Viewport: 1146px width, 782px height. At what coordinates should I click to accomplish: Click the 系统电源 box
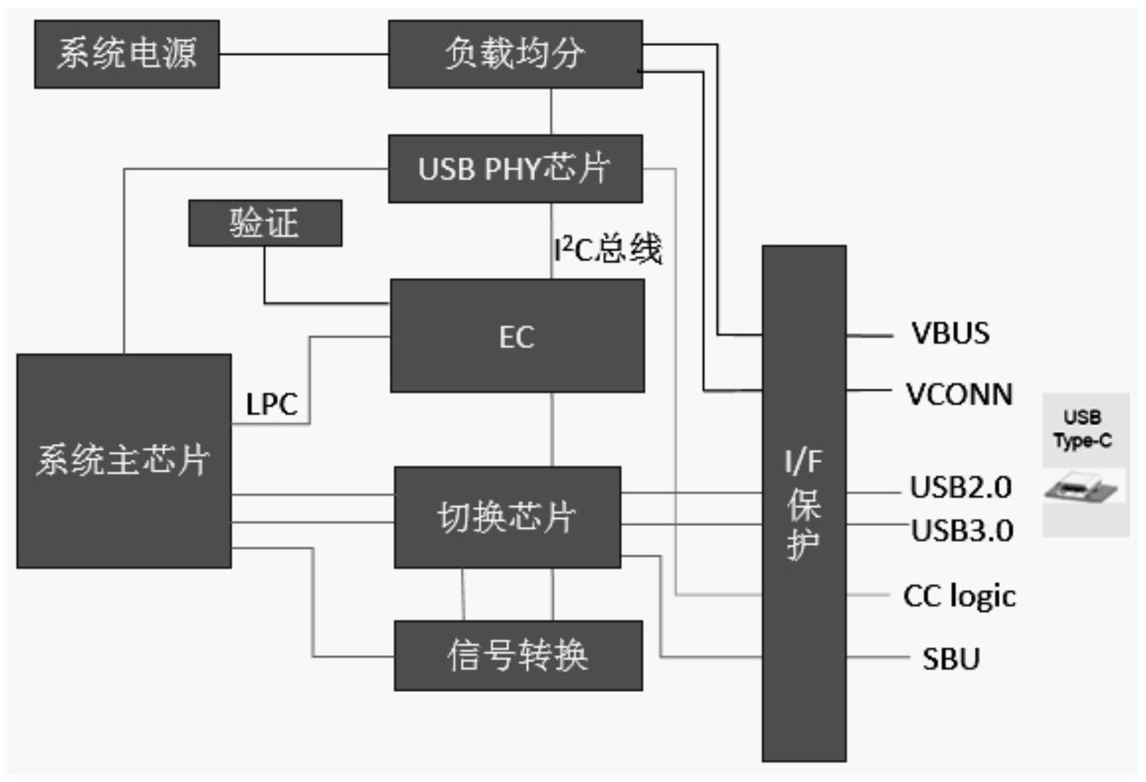click(x=126, y=54)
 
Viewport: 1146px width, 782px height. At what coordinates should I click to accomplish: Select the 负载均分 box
click(x=515, y=54)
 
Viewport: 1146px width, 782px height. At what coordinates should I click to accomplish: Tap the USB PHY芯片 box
click(x=515, y=169)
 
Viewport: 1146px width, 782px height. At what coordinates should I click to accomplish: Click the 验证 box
click(x=265, y=223)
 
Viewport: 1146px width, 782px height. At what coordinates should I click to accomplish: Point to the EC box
click(x=517, y=336)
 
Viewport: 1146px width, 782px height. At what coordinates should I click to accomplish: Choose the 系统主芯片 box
click(x=123, y=461)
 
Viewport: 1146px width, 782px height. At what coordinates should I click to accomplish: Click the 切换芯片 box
click(x=507, y=517)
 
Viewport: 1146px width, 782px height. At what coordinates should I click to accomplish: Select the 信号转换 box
click(x=518, y=656)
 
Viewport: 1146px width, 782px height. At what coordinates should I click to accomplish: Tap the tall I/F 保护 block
click(x=803, y=503)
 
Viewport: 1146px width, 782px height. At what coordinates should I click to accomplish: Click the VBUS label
click(x=949, y=333)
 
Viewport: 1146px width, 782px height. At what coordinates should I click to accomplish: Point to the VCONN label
click(x=959, y=394)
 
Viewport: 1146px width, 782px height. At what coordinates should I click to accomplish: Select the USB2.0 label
click(x=960, y=487)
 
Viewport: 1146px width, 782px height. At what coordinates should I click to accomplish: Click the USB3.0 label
click(x=962, y=530)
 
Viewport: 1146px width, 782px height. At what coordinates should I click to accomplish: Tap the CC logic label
click(x=959, y=596)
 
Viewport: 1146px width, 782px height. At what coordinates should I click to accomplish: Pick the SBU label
click(x=951, y=659)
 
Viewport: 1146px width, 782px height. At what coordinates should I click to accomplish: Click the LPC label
click(x=271, y=404)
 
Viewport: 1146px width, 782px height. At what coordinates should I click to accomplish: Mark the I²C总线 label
click(x=608, y=249)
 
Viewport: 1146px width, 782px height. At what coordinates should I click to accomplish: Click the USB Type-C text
click(x=1082, y=429)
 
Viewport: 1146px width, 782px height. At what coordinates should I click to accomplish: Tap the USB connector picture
click(x=1081, y=489)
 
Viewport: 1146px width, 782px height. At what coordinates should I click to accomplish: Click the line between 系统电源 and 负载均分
click(x=304, y=54)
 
